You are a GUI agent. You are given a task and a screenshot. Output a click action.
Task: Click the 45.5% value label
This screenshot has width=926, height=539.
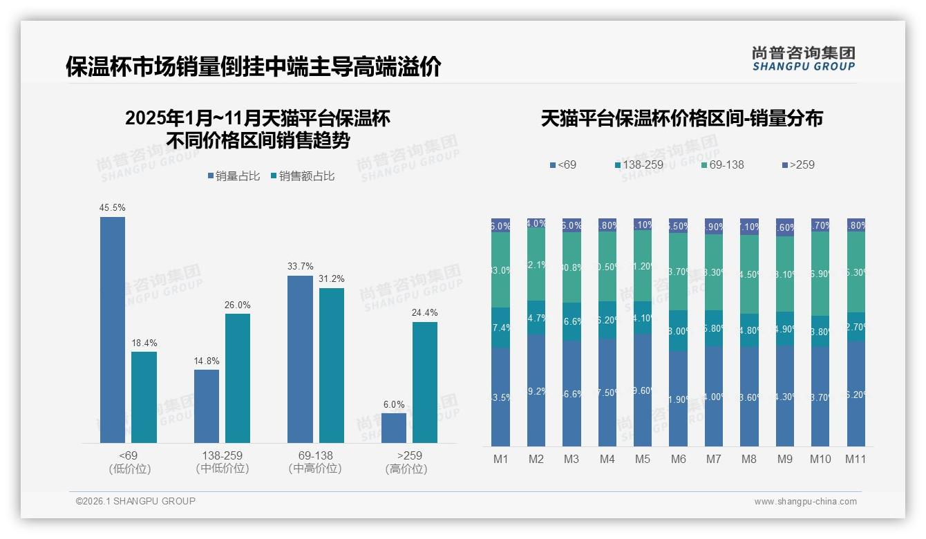tap(113, 208)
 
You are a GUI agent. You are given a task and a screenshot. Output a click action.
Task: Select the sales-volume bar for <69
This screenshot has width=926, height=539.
tap(113, 330)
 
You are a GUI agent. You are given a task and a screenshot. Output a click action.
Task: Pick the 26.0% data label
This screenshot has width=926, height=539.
tap(238, 305)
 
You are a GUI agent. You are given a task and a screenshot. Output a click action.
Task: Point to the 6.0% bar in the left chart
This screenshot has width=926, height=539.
tap(394, 428)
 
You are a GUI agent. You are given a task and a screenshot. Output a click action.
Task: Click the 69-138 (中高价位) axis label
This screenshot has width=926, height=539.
tap(315, 462)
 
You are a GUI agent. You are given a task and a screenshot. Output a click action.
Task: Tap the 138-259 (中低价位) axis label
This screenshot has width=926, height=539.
tap(223, 462)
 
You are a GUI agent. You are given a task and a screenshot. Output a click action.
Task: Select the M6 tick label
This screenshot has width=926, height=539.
tap(678, 459)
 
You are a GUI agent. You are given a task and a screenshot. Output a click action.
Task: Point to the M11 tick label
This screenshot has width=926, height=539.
tap(856, 459)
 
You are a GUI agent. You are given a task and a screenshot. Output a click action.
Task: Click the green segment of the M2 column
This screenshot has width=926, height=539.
tap(536, 264)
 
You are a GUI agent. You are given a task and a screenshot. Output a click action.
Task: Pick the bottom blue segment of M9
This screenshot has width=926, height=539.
tap(784, 395)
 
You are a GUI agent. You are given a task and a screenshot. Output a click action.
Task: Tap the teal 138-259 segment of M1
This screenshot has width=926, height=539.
tap(501, 328)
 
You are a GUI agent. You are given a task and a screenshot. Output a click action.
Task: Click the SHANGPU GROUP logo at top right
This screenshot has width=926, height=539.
tap(803, 58)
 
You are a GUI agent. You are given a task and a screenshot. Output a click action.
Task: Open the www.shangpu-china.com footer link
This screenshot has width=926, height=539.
tap(805, 502)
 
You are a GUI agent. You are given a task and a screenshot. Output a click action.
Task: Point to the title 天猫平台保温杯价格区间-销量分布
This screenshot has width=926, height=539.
tap(681, 119)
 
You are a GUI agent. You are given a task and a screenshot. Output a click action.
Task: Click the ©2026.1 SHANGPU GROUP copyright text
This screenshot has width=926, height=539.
tap(135, 501)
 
